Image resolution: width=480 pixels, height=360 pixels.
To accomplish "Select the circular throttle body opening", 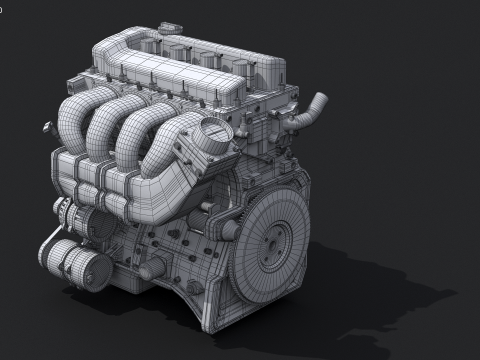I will pyautogui.click(x=213, y=131).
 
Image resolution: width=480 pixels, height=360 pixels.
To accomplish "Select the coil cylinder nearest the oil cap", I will pyautogui.click(x=178, y=50).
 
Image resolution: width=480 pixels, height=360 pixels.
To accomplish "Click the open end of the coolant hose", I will pyautogui.click(x=320, y=99).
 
